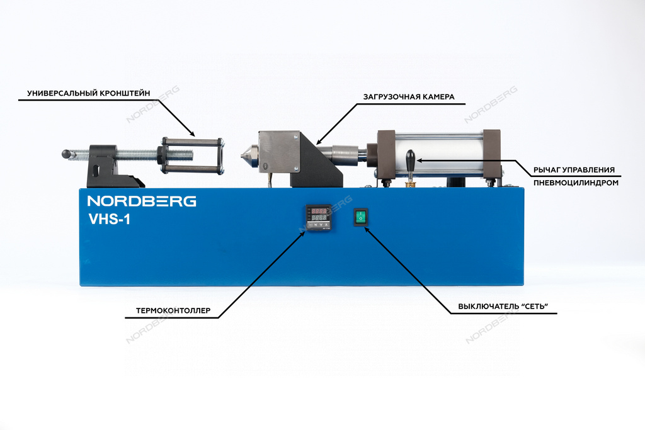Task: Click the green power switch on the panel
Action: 360,217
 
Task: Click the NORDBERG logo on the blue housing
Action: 141,201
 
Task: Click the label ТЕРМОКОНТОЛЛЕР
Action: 173,310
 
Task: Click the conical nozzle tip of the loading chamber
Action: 245,153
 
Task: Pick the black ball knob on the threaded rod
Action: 66,154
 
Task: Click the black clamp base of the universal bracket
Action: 105,162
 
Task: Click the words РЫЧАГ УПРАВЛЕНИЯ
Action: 573,170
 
